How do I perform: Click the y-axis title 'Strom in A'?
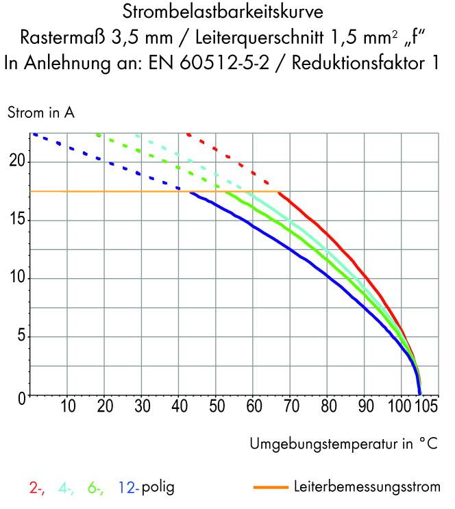(x=40, y=114)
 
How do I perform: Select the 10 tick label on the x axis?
(x=68, y=406)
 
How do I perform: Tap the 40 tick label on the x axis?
(x=179, y=406)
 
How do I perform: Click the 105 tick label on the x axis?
(x=426, y=406)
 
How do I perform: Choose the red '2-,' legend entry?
(x=37, y=488)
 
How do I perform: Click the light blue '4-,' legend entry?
(x=66, y=488)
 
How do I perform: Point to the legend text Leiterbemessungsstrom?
(x=367, y=488)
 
